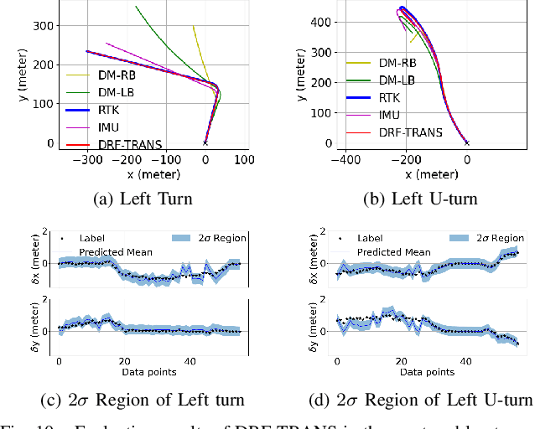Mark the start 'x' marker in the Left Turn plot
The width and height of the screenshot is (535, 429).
click(x=205, y=143)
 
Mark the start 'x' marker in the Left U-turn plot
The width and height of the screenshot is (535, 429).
click(x=467, y=143)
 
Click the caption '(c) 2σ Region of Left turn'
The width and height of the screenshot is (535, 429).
click(x=148, y=399)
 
